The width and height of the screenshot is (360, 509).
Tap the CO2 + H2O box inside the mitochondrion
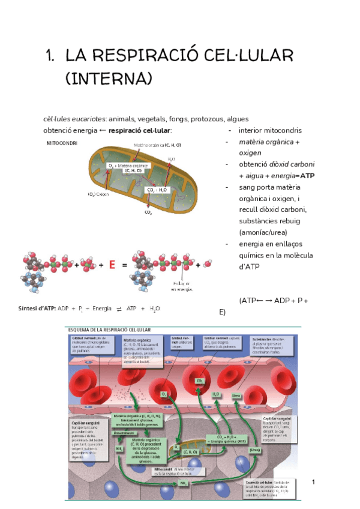(x=158, y=190)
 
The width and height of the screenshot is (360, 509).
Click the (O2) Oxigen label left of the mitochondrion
(x=98, y=194)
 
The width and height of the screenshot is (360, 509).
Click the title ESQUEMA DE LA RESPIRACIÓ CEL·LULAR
(x=111, y=330)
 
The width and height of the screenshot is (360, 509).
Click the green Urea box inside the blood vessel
(x=236, y=396)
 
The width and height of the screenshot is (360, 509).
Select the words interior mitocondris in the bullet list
(x=270, y=130)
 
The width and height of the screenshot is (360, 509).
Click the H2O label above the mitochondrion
(x=172, y=159)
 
